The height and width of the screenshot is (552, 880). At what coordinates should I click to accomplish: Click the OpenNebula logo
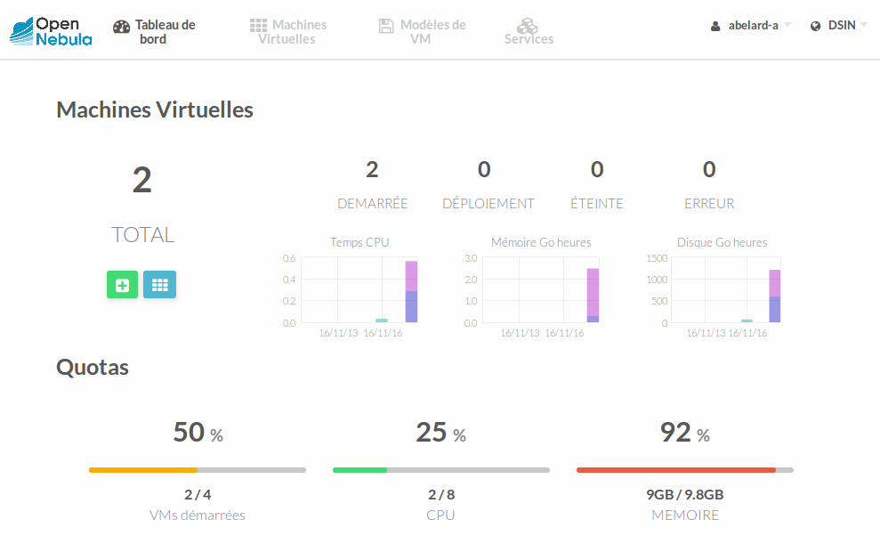(51, 31)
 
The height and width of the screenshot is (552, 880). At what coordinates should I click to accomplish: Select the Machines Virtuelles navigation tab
(288, 32)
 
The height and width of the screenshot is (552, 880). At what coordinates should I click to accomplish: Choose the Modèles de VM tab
(422, 32)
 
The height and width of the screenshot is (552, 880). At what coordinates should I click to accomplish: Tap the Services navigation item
(529, 32)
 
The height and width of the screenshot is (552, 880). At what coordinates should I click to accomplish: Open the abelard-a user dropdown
(751, 26)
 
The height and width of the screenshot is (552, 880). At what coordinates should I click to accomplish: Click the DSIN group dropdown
(839, 26)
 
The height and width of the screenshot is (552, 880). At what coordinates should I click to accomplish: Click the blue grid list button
(159, 285)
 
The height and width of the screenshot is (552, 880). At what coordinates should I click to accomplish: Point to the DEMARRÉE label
(372, 203)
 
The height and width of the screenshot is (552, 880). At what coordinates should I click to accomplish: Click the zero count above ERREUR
(709, 169)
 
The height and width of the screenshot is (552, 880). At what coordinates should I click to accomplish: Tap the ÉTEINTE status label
(596, 203)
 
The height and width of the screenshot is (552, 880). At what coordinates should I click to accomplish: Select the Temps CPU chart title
(359, 242)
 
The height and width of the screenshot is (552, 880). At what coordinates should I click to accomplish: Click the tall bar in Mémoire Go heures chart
(593, 295)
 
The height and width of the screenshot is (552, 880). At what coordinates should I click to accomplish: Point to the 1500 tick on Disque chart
(657, 258)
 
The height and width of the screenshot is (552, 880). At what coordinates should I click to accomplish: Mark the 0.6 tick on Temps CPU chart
(289, 258)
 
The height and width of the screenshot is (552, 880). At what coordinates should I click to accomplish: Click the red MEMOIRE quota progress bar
(676, 469)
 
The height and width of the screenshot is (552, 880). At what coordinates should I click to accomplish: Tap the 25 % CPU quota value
(440, 433)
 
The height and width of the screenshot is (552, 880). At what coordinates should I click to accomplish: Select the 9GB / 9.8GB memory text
(684, 495)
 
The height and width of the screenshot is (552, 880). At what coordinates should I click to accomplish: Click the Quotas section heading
(93, 367)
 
